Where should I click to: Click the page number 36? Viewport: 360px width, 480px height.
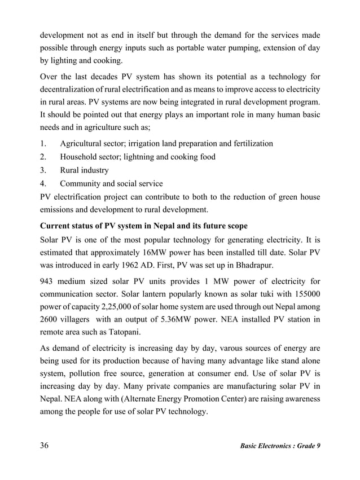click(x=44, y=446)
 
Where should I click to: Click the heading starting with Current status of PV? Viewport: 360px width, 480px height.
click(x=143, y=226)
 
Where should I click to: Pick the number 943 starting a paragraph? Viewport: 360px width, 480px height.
click(x=47, y=281)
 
